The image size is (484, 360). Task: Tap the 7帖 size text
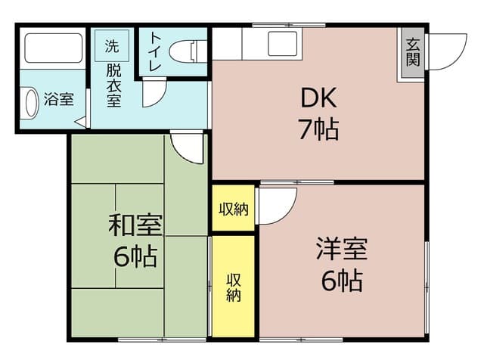(318, 130)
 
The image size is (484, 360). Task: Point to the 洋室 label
(341, 249)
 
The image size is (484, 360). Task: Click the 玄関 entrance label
(412, 52)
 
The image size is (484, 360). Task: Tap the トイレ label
(154, 51)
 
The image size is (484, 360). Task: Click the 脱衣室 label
(113, 85)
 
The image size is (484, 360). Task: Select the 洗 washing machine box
(112, 45)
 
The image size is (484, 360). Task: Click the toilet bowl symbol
(186, 52)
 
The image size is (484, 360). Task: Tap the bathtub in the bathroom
(53, 48)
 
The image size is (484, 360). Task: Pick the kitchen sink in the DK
(284, 45)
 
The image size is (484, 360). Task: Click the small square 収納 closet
(234, 209)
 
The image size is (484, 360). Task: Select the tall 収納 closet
(233, 287)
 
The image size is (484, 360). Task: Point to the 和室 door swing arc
(188, 147)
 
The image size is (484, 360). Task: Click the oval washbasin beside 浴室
(30, 103)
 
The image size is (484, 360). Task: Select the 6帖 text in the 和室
(136, 256)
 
